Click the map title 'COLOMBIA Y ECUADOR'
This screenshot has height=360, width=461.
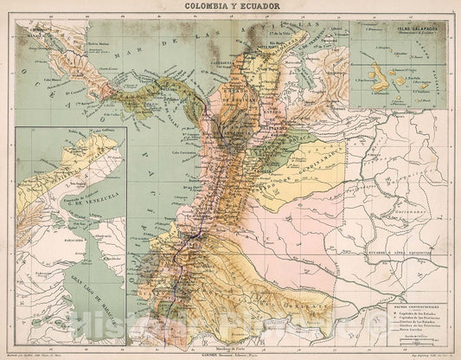(x=229, y=6)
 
